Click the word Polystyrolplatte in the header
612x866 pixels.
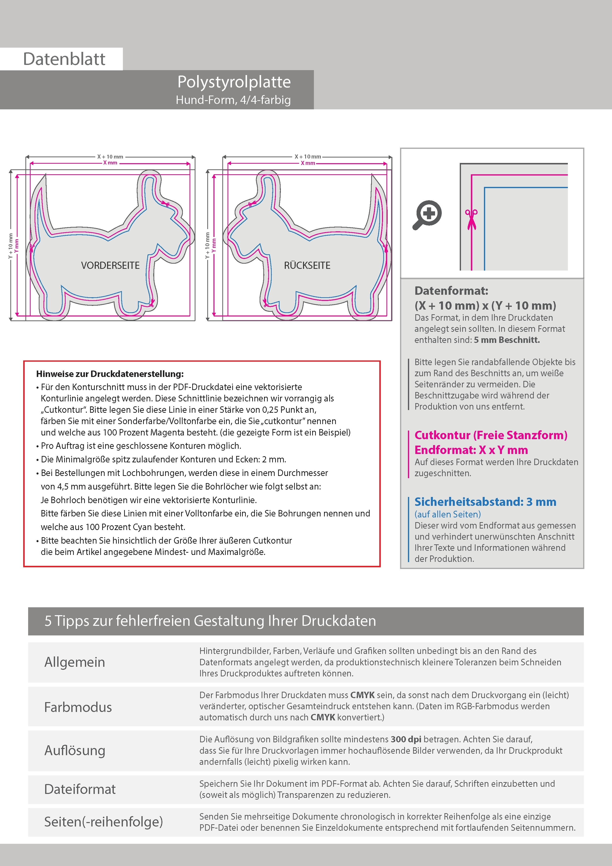[x=234, y=82]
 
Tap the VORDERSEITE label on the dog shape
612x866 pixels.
[x=110, y=266]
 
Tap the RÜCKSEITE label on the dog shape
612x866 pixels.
[x=307, y=266]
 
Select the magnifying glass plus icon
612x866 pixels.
[x=427, y=214]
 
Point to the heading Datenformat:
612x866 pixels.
[x=451, y=291]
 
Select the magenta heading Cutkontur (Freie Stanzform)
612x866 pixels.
[x=491, y=435]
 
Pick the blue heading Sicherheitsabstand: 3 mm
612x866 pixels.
[x=485, y=502]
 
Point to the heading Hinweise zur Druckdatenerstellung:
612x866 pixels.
[x=110, y=374]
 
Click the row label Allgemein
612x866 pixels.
[x=75, y=662]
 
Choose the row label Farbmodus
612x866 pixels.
[x=78, y=707]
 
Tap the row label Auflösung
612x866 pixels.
[x=75, y=750]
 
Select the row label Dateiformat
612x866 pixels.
[x=80, y=789]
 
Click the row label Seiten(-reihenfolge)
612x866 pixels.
[x=103, y=822]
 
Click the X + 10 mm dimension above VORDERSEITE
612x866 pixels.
[x=110, y=157]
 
